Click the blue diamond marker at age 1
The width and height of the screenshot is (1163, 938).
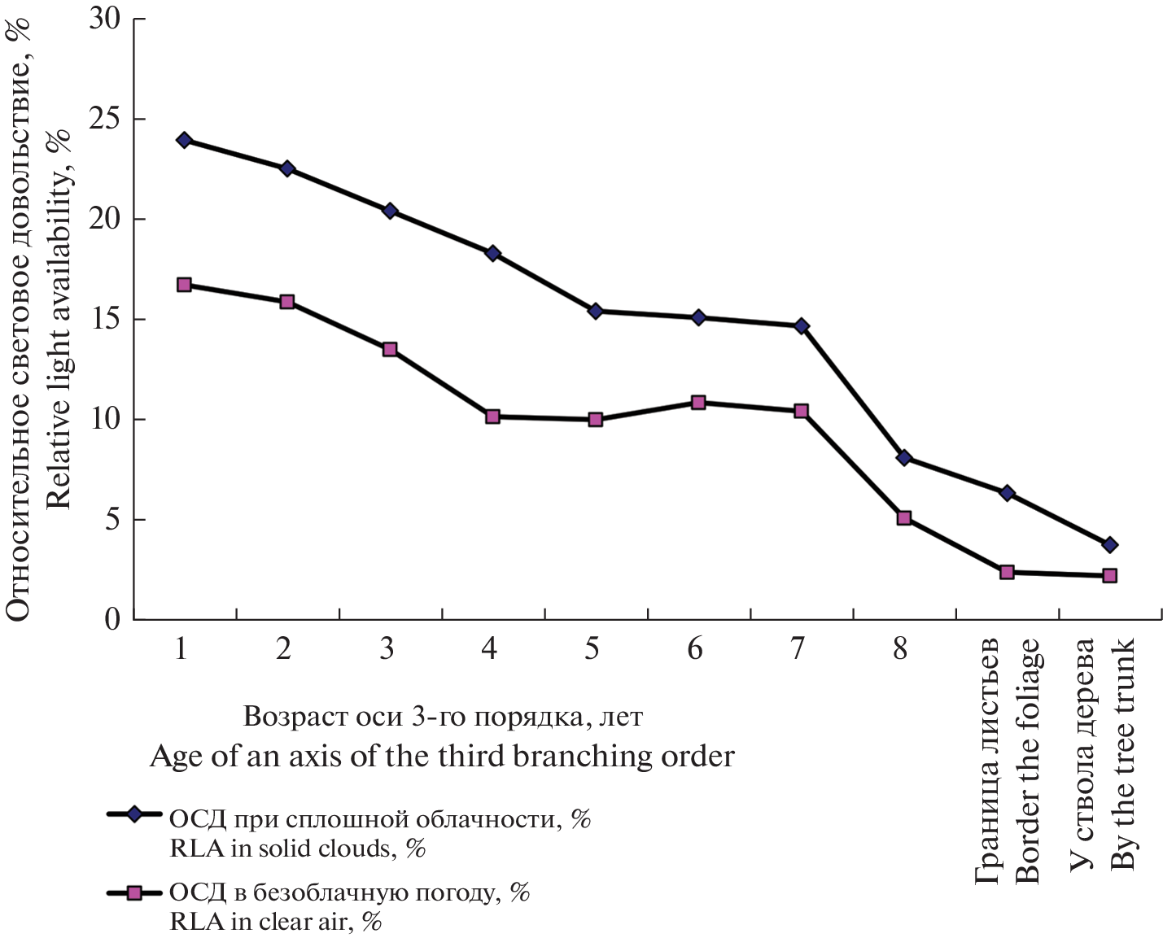coord(184,140)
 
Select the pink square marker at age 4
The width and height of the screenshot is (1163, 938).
coord(492,417)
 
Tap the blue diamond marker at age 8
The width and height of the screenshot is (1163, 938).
coord(903,458)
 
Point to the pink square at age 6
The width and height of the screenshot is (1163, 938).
coord(698,403)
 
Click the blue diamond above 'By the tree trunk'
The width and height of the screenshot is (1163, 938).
coord(1109,544)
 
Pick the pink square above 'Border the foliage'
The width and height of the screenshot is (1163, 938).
coord(1007,572)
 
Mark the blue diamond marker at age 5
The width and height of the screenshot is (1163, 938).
coord(595,311)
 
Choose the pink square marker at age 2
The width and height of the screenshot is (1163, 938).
coord(286,302)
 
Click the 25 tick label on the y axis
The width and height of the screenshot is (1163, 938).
coord(105,120)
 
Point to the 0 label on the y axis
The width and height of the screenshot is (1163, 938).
coord(112,620)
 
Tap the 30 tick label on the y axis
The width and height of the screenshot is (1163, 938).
coord(105,20)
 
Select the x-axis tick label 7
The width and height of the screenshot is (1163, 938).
coord(797,648)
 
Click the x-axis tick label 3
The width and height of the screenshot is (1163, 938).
coord(387,648)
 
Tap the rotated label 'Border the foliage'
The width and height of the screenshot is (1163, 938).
coord(1027,761)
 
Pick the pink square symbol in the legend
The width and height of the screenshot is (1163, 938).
coord(134,892)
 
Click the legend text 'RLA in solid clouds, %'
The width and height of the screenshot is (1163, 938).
coord(298,849)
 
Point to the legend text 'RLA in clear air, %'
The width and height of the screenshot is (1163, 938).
coord(276,922)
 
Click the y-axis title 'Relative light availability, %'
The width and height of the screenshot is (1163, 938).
coord(59,320)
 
